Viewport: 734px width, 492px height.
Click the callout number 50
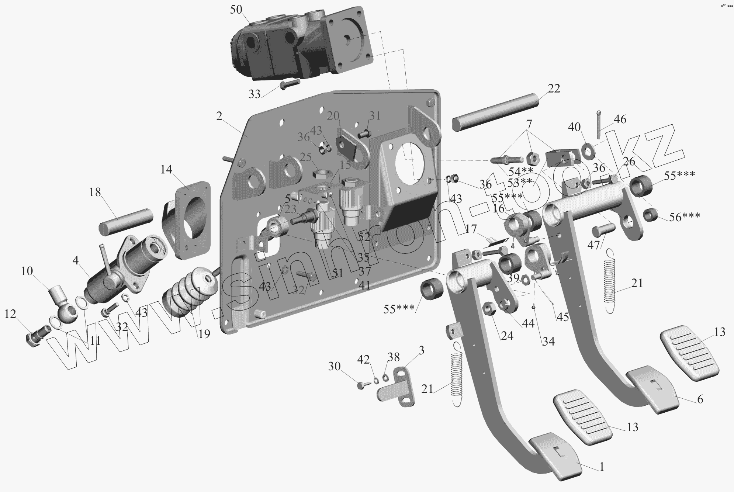coord(236,10)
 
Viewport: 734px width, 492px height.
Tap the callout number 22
coord(554,89)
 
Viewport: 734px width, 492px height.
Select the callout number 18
coord(95,193)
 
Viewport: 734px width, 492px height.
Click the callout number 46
coord(620,119)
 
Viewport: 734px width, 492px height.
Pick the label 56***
coord(685,217)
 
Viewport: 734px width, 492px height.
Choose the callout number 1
coord(602,467)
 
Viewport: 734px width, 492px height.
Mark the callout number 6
coord(700,399)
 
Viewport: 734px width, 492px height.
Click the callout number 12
coord(10,314)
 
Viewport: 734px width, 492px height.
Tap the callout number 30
coord(334,366)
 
